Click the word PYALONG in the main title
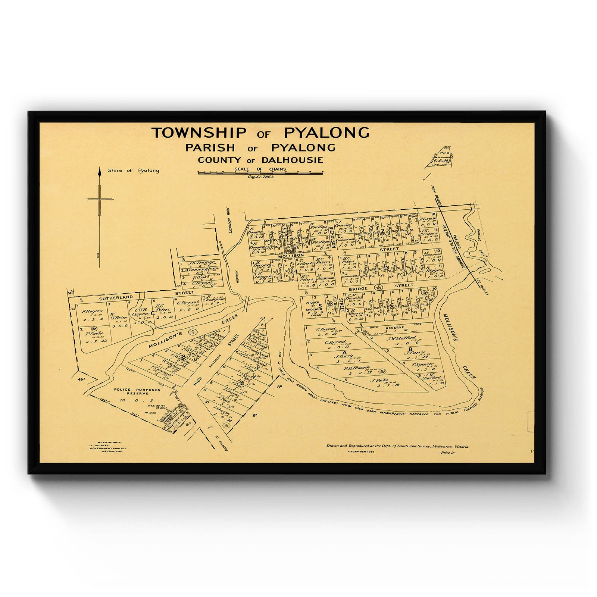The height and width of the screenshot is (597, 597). pos(326,133)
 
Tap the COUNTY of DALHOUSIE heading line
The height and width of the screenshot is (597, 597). pos(260,160)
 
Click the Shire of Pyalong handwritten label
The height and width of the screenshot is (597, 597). pos(133,171)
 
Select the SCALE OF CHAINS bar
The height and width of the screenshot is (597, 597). pos(260,173)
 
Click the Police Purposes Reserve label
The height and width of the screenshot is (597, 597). pos(137,391)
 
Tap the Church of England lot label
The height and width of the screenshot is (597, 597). pos(313,306)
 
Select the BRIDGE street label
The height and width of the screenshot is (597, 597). pos(359,288)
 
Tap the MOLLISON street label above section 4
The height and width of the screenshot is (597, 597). pos(291,256)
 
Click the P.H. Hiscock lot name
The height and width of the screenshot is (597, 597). pos(356,368)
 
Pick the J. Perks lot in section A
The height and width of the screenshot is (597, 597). pos(379,381)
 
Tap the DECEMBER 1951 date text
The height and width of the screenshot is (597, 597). pos(361,452)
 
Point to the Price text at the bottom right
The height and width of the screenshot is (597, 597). pos(448,453)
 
